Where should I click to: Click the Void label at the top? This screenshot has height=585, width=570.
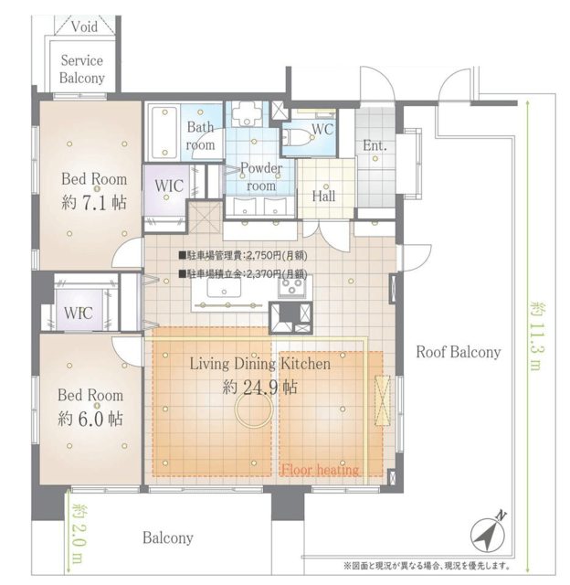coord(84,27)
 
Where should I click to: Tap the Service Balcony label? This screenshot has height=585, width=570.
coord(82,69)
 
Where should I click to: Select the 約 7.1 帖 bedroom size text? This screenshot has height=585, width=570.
coord(94,203)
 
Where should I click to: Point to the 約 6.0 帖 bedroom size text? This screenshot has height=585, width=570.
coord(90,419)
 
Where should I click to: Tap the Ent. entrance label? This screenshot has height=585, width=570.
coord(375,145)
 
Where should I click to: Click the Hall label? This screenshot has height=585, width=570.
coord(323,196)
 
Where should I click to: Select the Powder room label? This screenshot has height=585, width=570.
coord(261,176)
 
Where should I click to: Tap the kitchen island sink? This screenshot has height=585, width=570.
coord(224,288)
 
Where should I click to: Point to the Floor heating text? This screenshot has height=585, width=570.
coord(321,469)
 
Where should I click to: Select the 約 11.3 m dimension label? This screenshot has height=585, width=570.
coord(535,335)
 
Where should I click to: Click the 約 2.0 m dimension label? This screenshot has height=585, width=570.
coord(79,534)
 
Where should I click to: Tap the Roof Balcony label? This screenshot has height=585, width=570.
coord(459,352)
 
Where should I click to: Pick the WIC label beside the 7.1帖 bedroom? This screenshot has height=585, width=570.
coord(169,186)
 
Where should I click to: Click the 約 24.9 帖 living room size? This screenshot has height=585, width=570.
coord(259,388)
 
